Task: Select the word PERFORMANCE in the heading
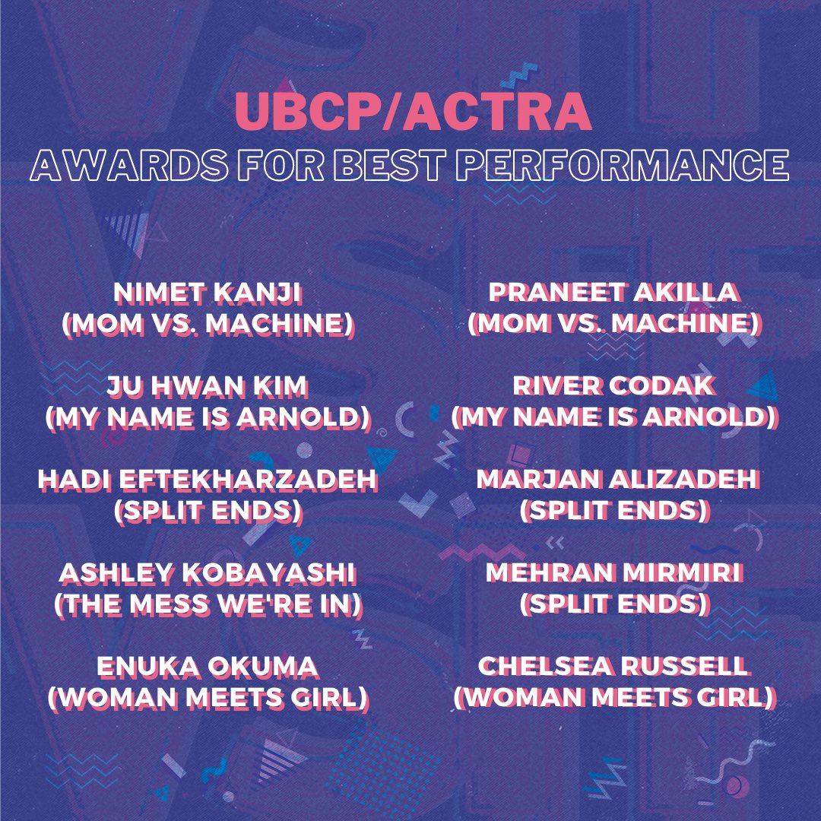(623, 166)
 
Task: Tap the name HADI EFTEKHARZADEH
(208, 480)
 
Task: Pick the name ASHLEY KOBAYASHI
(208, 573)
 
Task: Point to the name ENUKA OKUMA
(208, 667)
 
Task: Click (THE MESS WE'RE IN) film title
(208, 604)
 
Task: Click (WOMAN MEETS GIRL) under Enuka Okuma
(208, 697)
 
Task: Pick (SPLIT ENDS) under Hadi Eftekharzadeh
(208, 511)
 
